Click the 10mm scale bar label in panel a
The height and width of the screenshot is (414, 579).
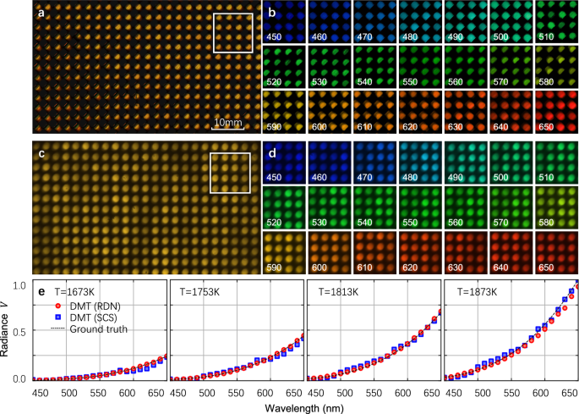[x=227, y=123]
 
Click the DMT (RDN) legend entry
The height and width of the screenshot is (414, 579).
[x=88, y=305]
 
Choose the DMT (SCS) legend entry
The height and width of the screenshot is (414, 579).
[x=88, y=317]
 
